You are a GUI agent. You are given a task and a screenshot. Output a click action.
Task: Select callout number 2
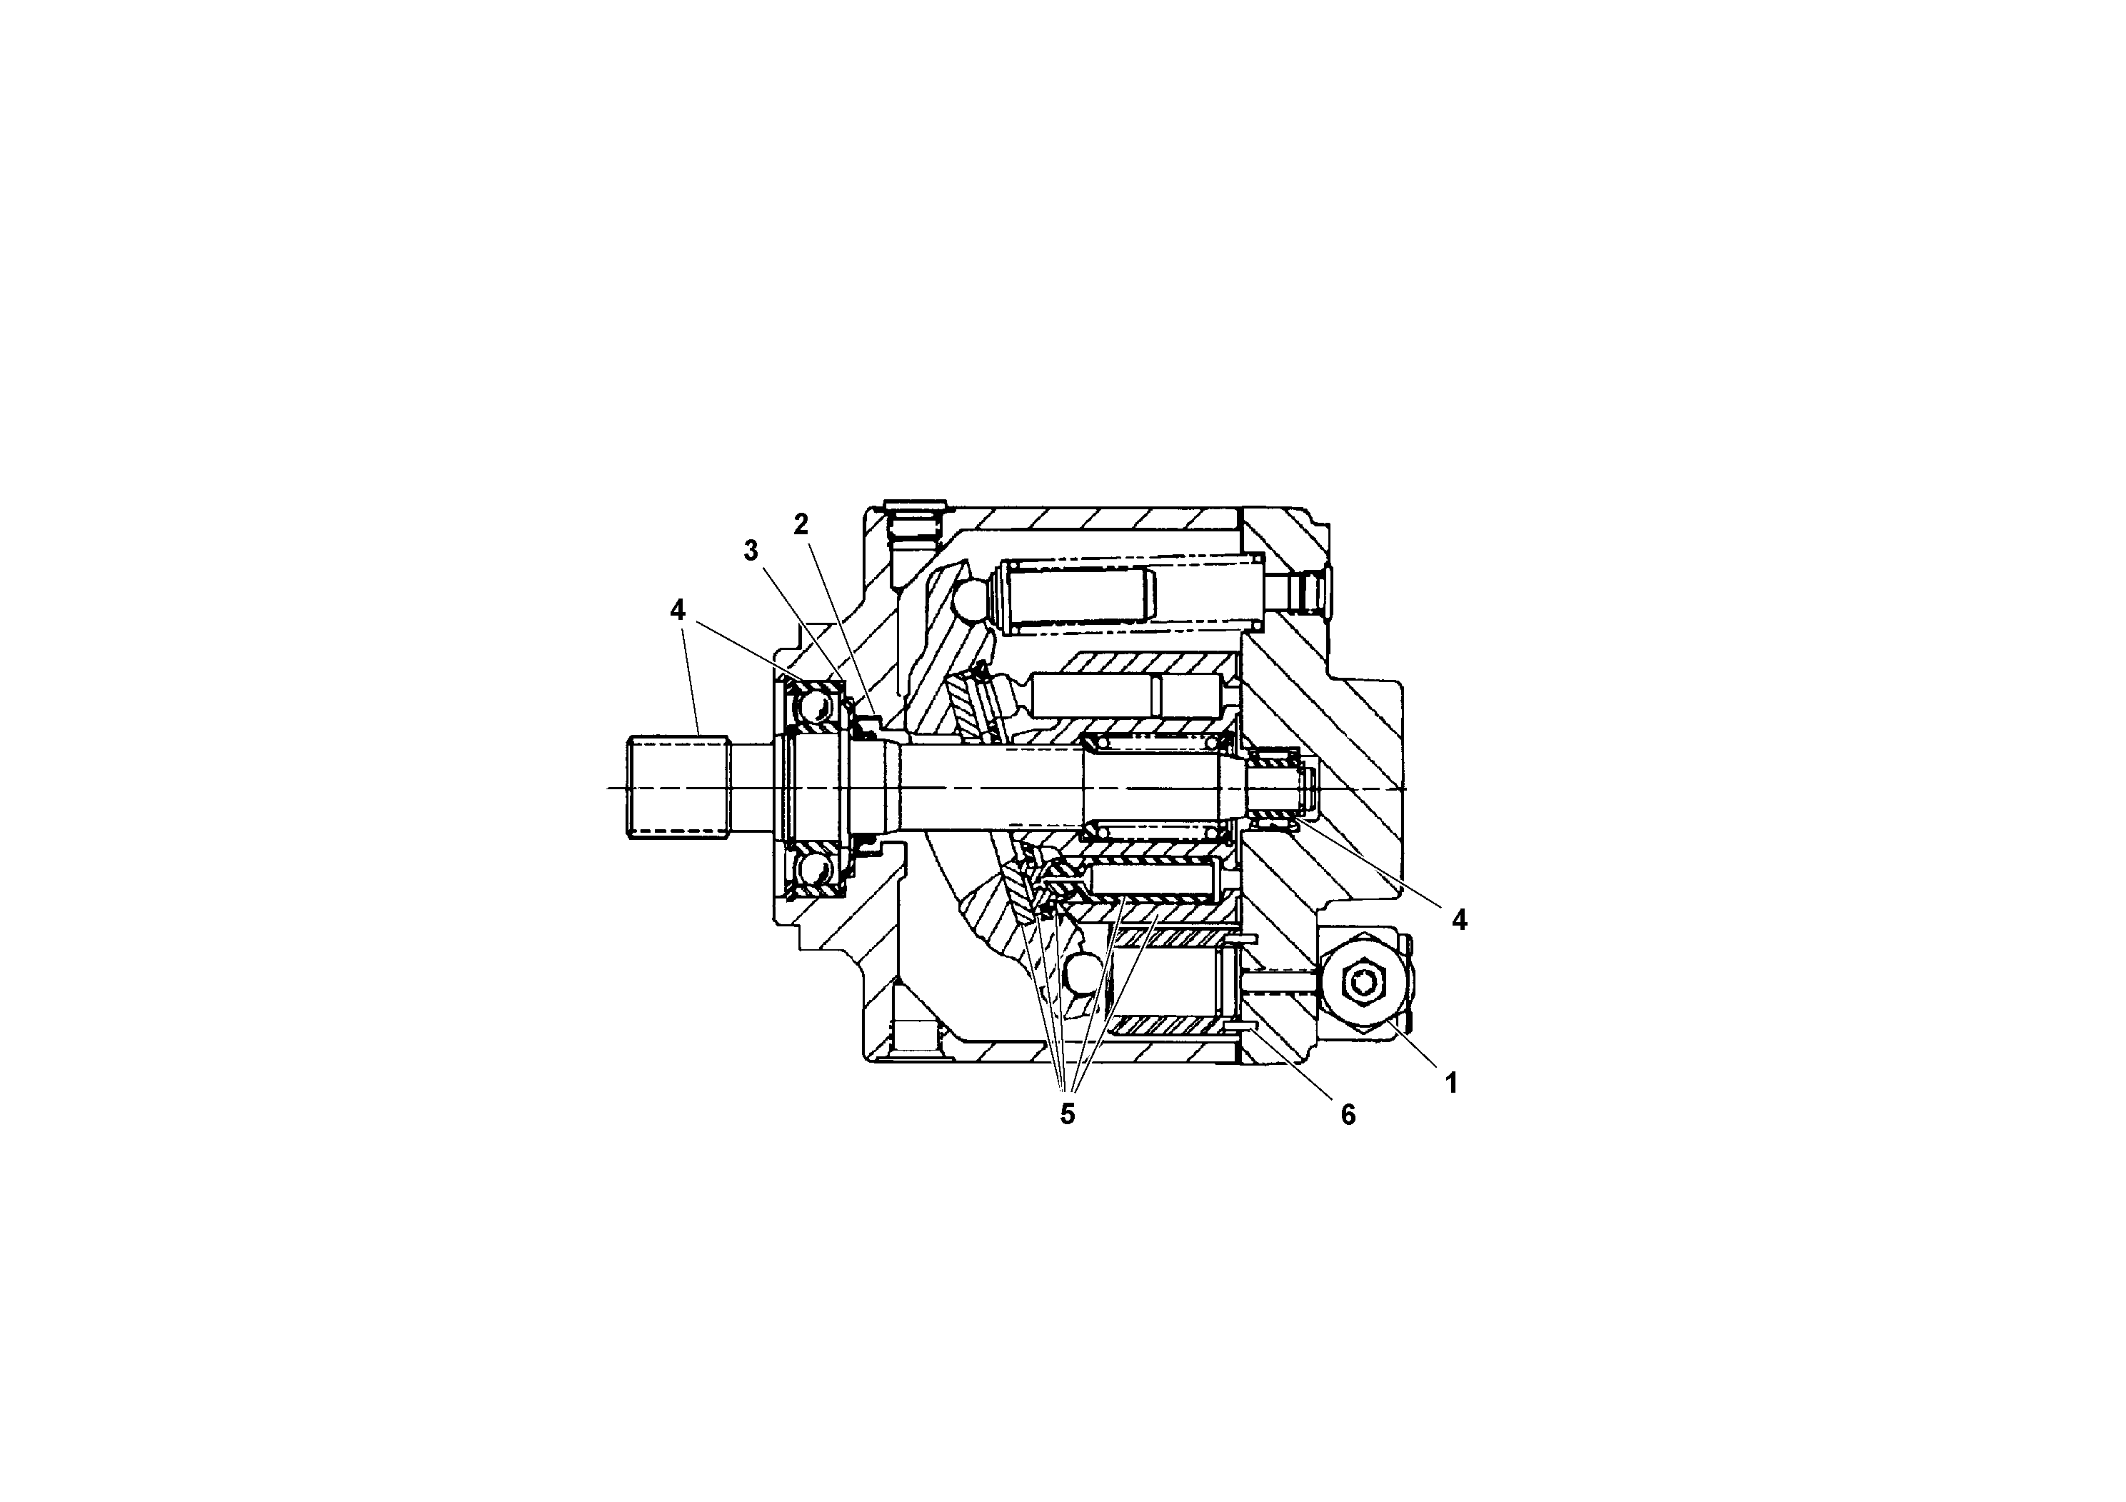pos(801,524)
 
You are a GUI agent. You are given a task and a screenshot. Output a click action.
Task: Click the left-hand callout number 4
pos(678,609)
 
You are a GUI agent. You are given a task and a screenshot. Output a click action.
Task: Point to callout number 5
pos(1068,1114)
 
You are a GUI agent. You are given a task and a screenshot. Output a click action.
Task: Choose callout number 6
pos(1348,1115)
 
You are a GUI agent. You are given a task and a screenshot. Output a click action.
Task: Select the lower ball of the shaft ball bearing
pos(815,871)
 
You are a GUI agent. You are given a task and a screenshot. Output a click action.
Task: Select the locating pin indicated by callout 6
pos(1240,1027)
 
